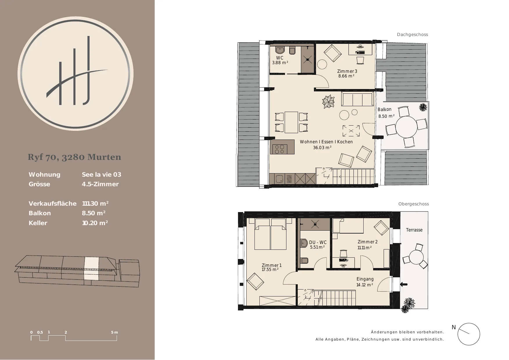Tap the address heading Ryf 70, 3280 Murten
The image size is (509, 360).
pos(75,157)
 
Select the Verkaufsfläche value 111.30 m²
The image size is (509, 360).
pos(95,204)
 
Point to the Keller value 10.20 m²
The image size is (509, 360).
pos(95,223)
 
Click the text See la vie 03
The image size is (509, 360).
pos(102,175)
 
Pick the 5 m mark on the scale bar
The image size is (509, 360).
pos(115,332)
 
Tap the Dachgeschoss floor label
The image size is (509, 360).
pos(412,35)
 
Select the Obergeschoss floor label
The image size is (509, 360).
pos(414,204)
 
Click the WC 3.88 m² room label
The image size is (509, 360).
pos(280,60)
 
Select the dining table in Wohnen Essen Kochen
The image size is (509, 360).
pos(291,122)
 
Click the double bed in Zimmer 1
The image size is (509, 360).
pos(270,234)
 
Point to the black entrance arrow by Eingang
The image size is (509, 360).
pos(404,284)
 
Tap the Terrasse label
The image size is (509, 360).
pos(414,230)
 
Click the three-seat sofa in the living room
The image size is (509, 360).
pos(357,100)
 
